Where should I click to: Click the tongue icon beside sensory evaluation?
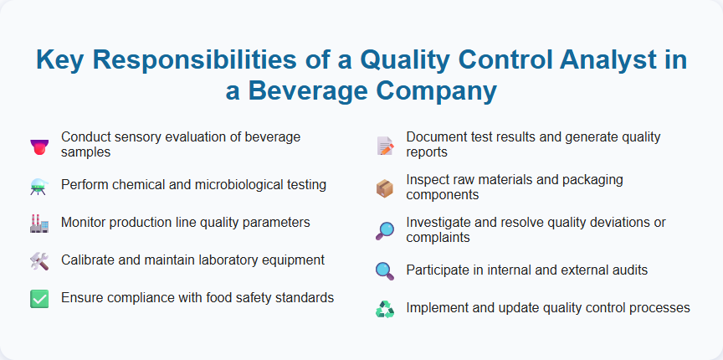(38, 145)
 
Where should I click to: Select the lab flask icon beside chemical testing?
(38, 187)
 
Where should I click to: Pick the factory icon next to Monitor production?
(38, 224)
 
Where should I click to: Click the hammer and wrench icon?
(38, 261)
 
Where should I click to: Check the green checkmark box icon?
(38, 299)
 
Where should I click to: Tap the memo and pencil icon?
(385, 145)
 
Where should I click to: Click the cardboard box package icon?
(385, 188)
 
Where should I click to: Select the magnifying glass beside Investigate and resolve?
(385, 231)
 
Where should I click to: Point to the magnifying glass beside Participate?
(385, 270)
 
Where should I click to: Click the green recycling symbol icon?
(385, 309)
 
